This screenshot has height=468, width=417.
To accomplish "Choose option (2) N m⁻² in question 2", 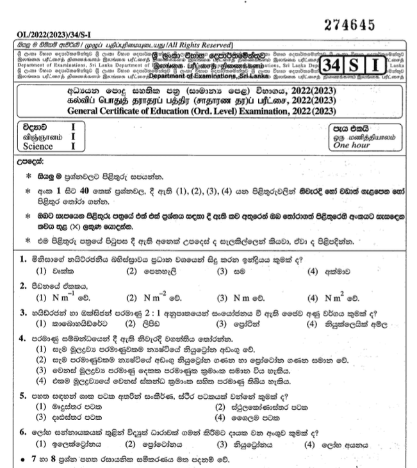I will pos(148,298).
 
